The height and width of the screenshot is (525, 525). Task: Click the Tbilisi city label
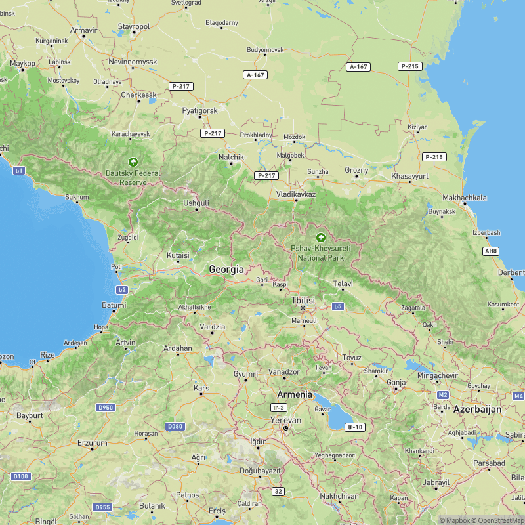303,300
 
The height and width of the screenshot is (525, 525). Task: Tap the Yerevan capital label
286,420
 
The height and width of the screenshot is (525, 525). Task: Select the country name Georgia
226,269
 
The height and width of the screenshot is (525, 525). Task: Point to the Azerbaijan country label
477,409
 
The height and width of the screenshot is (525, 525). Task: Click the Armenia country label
295,394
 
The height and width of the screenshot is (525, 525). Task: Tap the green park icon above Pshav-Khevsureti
321,238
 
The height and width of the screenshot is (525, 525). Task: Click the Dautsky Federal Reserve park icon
133,161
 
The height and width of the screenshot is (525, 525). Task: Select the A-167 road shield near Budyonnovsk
255,75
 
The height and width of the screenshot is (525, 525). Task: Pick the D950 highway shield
105,408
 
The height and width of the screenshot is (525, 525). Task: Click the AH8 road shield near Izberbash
490,251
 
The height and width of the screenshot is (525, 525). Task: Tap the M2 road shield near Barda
443,395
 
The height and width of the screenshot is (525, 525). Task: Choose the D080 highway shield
175,427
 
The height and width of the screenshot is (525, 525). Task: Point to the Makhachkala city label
465,198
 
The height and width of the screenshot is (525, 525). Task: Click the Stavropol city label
134,26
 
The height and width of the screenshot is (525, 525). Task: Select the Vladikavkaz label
296,194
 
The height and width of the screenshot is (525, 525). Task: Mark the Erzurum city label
92,443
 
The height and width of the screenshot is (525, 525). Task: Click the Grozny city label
357,170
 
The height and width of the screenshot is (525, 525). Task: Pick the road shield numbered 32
279,491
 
